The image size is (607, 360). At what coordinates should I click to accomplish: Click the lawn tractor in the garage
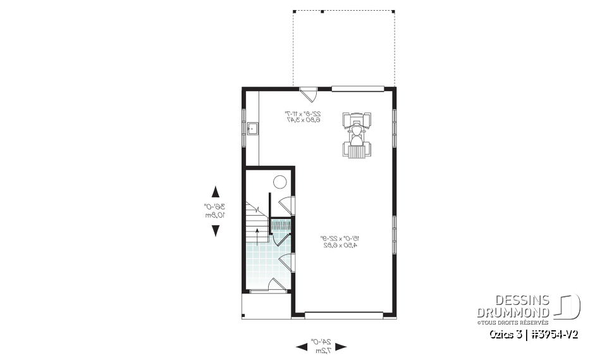tap(357, 134)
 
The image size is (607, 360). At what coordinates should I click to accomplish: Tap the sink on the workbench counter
tap(251, 130)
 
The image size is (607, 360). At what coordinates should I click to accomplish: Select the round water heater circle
tap(279, 182)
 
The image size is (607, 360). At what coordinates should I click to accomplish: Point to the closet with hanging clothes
tap(281, 225)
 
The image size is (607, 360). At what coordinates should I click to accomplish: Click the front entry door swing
tap(276, 285)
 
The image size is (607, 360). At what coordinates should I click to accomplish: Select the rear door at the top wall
tap(309, 93)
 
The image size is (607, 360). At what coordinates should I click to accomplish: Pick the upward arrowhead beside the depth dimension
tap(216, 192)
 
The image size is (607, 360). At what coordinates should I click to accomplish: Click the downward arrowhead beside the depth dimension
tap(216, 230)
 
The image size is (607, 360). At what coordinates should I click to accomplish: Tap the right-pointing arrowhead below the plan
tap(341, 346)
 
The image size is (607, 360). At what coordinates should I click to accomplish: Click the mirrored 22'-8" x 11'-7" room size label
tap(303, 116)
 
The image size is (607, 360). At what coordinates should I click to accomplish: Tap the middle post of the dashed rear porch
tap(322, 11)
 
